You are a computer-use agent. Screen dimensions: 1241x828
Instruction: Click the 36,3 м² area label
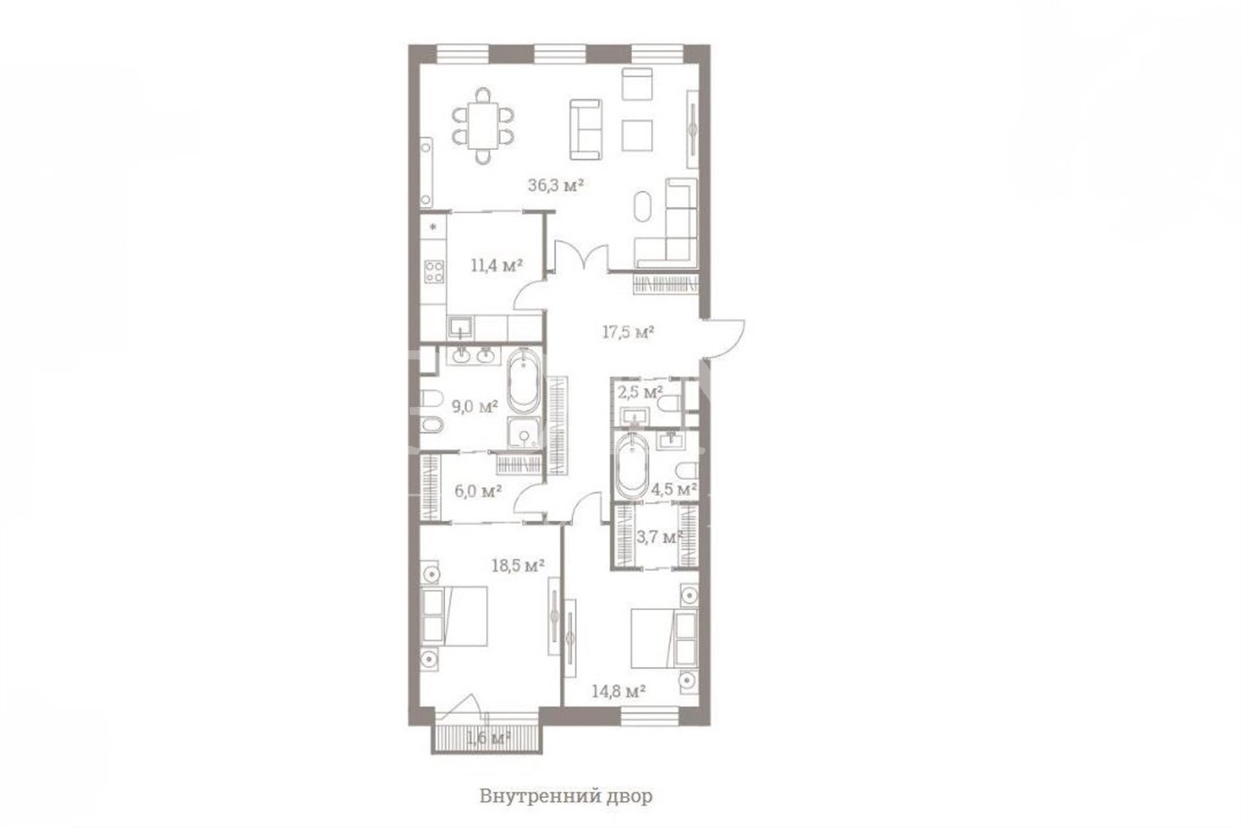[x=556, y=186]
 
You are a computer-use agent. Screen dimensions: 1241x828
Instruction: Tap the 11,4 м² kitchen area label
[x=496, y=265]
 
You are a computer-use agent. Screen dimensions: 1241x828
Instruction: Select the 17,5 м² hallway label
[x=628, y=332]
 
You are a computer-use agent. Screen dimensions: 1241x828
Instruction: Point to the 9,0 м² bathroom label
[x=474, y=406]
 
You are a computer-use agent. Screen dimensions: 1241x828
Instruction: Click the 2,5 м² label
[x=640, y=392]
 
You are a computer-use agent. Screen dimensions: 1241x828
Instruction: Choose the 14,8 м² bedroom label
[x=619, y=692]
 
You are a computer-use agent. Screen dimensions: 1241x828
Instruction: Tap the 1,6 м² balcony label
[x=489, y=737]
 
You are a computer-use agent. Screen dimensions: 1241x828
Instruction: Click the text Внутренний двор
[x=566, y=796]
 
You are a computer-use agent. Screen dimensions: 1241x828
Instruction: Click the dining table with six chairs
[x=483, y=125]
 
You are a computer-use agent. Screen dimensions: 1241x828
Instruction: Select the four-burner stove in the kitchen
[x=434, y=271]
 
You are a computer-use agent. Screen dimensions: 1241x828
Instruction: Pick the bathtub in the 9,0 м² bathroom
[x=523, y=381]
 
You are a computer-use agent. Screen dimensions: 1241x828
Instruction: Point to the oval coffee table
[x=642, y=206]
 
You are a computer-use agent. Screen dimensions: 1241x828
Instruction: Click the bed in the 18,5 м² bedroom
[x=454, y=616]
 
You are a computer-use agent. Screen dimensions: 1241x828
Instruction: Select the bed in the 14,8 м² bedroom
[x=664, y=638]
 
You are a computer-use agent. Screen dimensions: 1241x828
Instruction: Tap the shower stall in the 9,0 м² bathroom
[x=523, y=433]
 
